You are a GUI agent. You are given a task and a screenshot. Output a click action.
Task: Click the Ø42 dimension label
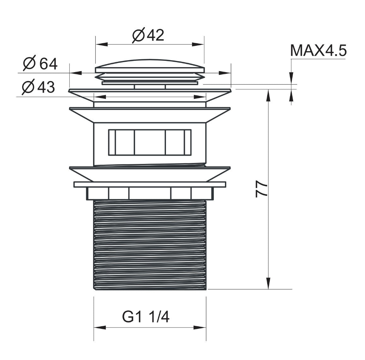pyautogui.click(x=148, y=35)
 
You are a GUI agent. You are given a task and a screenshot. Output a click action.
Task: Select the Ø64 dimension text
pyautogui.click(x=40, y=64)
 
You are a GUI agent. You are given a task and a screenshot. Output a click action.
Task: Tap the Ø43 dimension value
pyautogui.click(x=38, y=87)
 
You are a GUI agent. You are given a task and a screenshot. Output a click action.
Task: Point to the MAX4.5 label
pyautogui.click(x=318, y=50)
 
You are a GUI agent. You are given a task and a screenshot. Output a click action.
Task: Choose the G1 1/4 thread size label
pyautogui.click(x=146, y=317)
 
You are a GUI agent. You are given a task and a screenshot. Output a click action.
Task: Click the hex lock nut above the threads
pyautogui.click(x=150, y=193)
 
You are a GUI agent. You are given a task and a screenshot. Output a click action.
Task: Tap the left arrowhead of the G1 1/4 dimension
pyautogui.click(x=100, y=328)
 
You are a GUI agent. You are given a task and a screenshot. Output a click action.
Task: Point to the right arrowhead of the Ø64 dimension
pyautogui.click(x=225, y=73)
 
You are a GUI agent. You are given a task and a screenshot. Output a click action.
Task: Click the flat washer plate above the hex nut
pyautogui.click(x=150, y=184)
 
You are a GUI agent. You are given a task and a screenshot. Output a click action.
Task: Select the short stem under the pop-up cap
pyautogui.click(x=150, y=86)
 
